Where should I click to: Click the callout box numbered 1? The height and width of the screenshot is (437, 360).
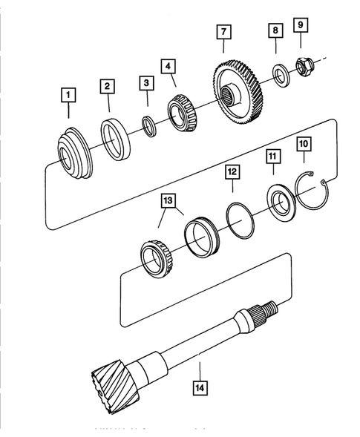tap(69, 95)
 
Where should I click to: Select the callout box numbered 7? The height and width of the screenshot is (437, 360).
tap(223, 32)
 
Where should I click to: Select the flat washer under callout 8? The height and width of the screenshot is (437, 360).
tap(281, 75)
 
